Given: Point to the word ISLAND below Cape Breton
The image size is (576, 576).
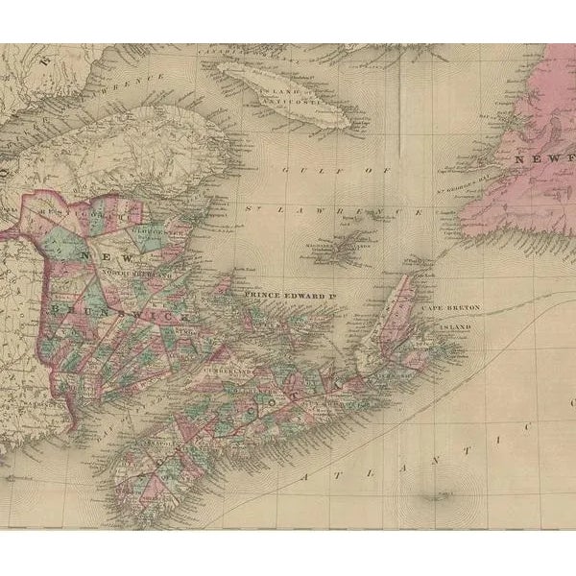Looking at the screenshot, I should pyautogui.click(x=456, y=328).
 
